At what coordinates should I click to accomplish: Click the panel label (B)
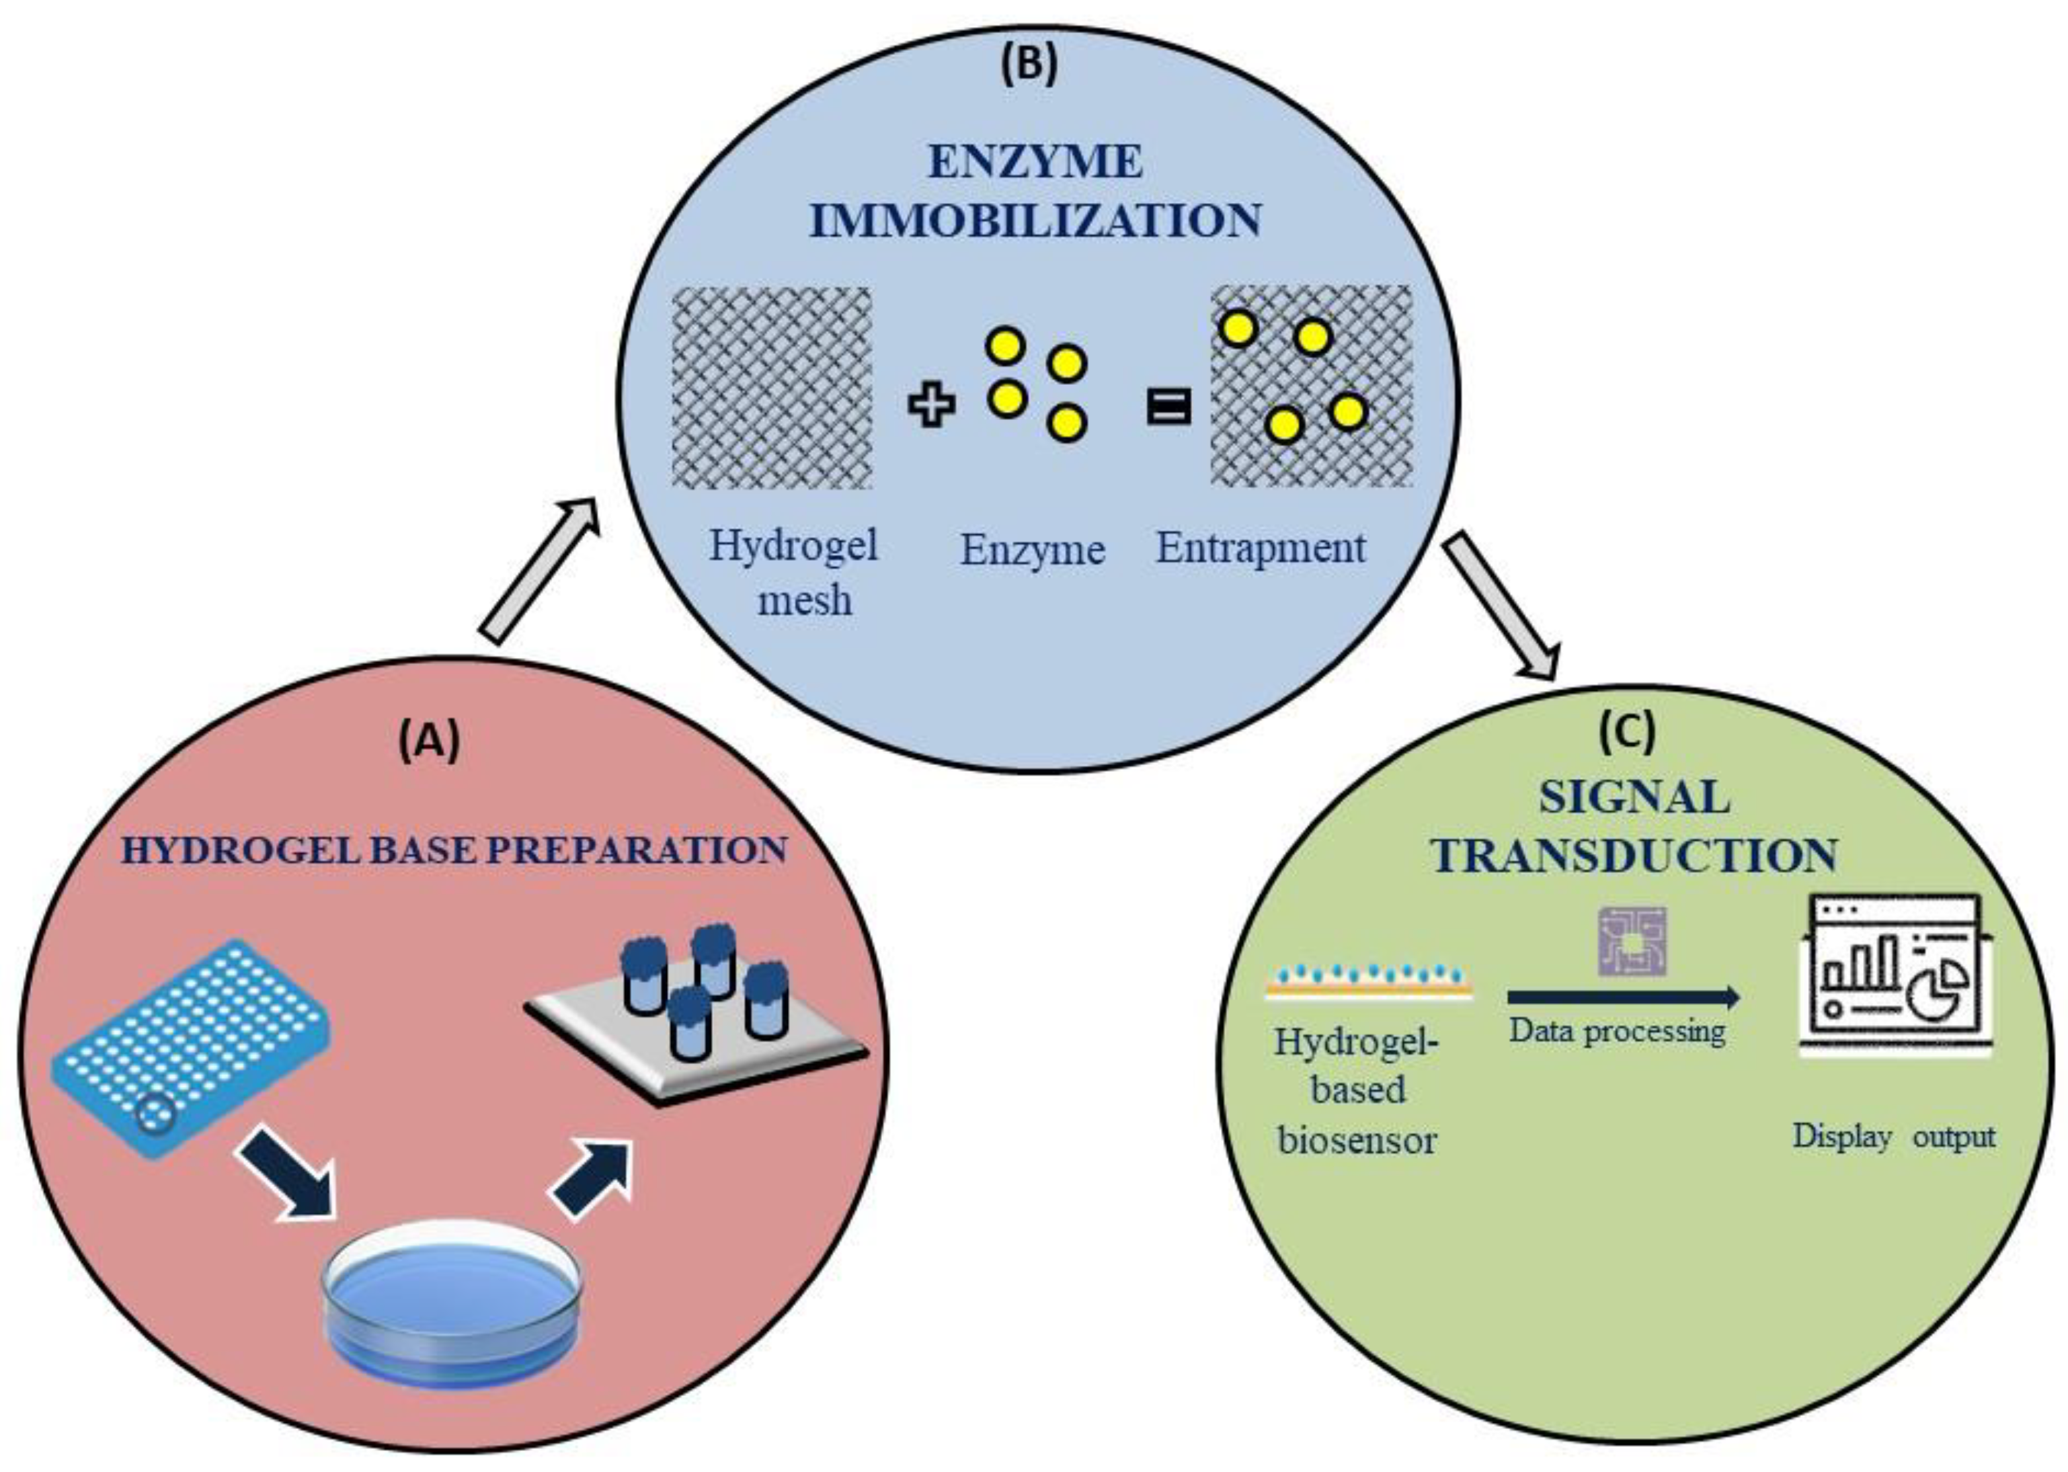click(1029, 66)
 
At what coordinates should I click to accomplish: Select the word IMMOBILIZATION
click(1035, 221)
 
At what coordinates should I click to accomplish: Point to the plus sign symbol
click(932, 405)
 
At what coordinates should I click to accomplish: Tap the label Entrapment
click(1261, 548)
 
